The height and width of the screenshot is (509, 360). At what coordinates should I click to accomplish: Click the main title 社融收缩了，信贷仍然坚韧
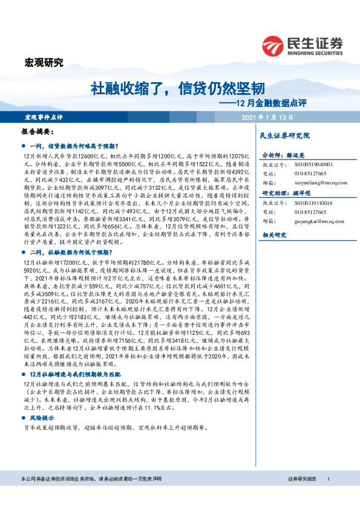[177, 89]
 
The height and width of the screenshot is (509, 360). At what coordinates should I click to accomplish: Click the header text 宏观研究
[44, 62]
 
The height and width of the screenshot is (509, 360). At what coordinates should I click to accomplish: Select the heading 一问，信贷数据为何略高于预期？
[75, 146]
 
